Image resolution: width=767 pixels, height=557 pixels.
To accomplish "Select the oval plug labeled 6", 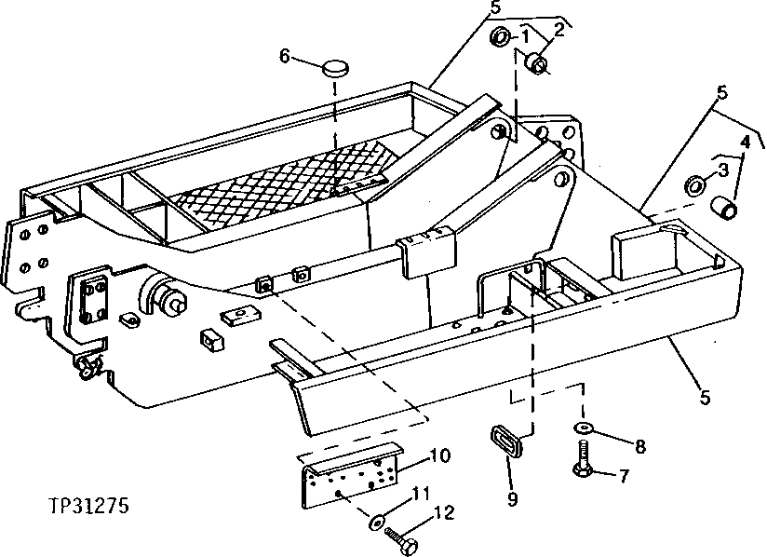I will click(337, 68).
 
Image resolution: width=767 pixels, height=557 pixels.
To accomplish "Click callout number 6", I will click(285, 56).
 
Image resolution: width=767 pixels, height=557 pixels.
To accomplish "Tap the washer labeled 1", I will click(500, 38).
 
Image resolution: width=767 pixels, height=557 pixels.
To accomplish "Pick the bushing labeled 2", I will click(537, 63).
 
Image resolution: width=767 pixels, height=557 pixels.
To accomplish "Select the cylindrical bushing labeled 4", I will click(727, 203).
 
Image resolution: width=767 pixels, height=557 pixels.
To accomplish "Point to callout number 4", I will click(744, 142).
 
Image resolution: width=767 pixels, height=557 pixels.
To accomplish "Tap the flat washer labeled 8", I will click(583, 427).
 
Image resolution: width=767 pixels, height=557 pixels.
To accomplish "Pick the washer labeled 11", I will click(377, 522).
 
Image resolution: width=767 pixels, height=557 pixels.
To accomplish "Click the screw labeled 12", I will click(403, 539).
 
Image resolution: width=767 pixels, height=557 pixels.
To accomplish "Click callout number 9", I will click(511, 499).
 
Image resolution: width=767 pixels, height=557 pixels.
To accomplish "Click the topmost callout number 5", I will click(495, 7).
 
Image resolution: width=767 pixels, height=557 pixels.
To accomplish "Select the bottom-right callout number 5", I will click(705, 398).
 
